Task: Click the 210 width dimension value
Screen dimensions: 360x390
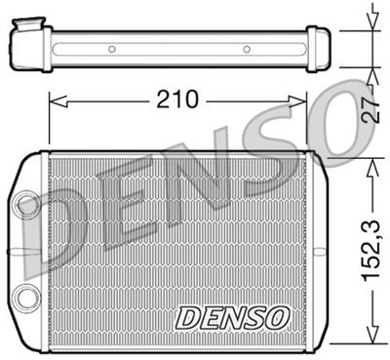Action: tap(177, 99)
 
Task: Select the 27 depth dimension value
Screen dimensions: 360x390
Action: tap(369, 109)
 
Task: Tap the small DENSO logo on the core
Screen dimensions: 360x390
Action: tap(231, 317)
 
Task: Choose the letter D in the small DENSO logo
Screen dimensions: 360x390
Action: tap(186, 317)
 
